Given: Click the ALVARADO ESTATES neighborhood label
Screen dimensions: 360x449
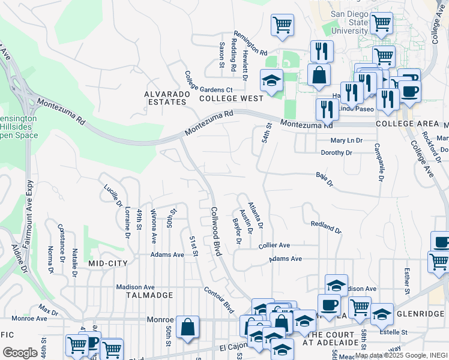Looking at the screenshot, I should point(166,98).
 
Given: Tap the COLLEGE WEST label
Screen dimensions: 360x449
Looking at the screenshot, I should point(231,98).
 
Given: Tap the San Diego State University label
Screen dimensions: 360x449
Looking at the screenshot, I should point(349,22).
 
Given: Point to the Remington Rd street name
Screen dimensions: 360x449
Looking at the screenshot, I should point(250,44).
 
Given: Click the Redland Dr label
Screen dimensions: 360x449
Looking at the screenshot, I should point(325,227).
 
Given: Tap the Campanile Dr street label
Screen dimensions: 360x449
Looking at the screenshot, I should point(378,162).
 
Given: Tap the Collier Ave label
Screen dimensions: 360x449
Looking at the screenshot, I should point(274,245).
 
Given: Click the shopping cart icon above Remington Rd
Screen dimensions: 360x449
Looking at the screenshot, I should point(282,25).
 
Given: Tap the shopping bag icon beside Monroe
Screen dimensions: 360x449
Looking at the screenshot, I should point(188,328).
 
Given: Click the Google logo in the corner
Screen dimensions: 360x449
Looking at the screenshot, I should point(20,353).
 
